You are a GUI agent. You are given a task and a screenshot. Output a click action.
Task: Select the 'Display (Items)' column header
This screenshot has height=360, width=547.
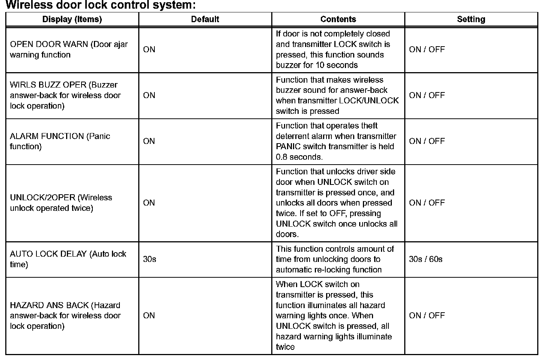tap(72, 20)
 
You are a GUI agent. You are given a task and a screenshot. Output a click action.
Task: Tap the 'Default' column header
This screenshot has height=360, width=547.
tap(205, 20)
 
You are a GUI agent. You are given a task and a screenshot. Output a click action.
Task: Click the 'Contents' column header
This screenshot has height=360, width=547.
tap(338, 20)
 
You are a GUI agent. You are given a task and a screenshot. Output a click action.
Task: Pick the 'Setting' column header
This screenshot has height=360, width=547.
tap(471, 20)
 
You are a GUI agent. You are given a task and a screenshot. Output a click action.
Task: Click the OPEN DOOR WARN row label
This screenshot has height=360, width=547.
tap(69, 50)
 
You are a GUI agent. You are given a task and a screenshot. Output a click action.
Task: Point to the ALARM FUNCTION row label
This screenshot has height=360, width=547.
tap(60, 141)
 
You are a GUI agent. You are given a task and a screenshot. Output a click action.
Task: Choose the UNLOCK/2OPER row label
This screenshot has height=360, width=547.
tap(61, 203)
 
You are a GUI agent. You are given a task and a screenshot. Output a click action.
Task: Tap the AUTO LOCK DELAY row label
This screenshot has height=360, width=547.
tap(68, 259)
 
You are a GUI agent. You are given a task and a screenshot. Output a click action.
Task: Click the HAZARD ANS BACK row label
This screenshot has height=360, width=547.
tap(65, 316)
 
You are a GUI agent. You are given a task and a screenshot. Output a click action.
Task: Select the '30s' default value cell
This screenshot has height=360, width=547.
tap(150, 259)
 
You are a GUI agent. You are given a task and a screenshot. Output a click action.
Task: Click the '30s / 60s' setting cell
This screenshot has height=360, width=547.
tap(426, 259)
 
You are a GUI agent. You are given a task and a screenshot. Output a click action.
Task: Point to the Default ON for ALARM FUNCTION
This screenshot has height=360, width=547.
tap(149, 141)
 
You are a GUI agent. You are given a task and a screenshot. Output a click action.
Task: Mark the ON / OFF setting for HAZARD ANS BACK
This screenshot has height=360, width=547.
tap(427, 316)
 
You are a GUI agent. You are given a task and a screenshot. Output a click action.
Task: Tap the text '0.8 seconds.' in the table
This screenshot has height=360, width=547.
tap(299, 157)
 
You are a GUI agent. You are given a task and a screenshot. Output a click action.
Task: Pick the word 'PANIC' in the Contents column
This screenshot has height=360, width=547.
tap(287, 147)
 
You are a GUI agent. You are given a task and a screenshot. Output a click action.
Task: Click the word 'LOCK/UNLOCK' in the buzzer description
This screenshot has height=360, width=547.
tap(369, 101)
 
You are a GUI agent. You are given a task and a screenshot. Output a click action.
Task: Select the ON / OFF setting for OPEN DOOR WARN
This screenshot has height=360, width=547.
tap(427, 50)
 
